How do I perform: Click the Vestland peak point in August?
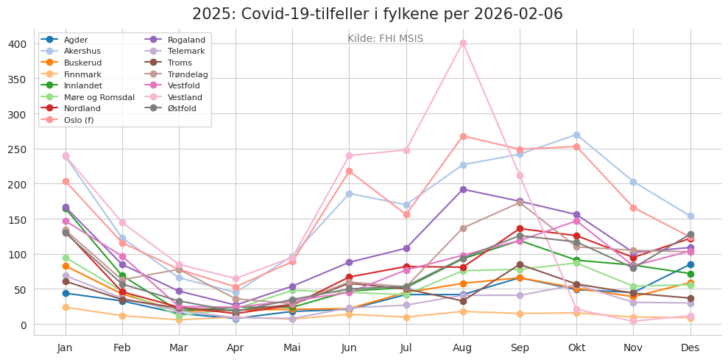(463, 43)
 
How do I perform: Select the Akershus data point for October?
(576, 135)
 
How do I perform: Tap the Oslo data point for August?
(463, 136)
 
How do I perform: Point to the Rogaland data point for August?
(463, 189)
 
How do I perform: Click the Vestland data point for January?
(66, 156)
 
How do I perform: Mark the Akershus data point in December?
(690, 216)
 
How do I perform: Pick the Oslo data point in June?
(349, 171)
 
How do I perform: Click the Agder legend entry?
(76, 40)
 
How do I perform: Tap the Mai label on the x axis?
(292, 347)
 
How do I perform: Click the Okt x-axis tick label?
(576, 347)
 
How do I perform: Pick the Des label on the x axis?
(690, 347)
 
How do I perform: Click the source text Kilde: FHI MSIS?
(385, 39)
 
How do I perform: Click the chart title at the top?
(377, 14)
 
